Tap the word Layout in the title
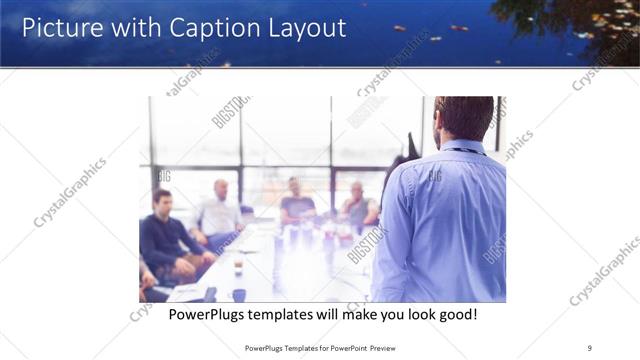(304, 27)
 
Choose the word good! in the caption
(455, 315)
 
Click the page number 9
(589, 347)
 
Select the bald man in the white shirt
(219, 212)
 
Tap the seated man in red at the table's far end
(358, 205)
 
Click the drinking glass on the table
(238, 267)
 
